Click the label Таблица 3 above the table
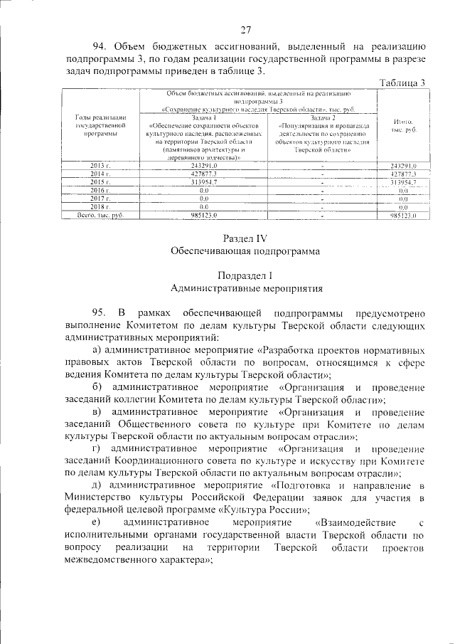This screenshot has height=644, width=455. [402, 83]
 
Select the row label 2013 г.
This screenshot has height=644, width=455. [101, 166]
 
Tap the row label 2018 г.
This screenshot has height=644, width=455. [101, 206]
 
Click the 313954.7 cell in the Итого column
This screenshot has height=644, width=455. [402, 182]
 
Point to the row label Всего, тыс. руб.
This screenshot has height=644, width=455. [101, 214]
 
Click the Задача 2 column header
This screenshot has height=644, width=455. [322, 117]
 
